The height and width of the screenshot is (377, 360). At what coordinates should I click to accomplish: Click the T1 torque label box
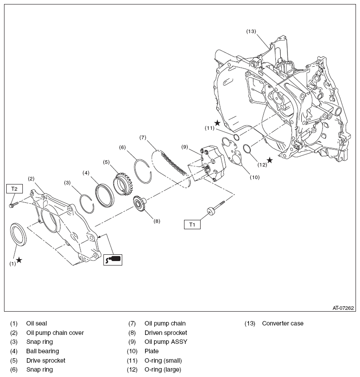192,224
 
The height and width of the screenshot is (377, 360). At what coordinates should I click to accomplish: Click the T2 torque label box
14,188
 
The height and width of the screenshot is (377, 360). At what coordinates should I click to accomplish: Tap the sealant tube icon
113,259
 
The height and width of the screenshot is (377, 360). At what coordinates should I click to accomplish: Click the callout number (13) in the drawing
251,31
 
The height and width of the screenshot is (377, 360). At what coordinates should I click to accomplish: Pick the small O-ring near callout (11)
236,136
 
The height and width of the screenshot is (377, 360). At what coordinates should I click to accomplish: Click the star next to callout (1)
19,260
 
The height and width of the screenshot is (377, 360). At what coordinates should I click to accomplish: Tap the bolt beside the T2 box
13,204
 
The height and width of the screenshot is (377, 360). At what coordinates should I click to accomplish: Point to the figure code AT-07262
343,308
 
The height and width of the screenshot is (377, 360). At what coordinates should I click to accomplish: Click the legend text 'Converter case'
283,323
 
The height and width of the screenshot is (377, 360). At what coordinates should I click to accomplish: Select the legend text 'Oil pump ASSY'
166,342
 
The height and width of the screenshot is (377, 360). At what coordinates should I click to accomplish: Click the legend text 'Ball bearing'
43,351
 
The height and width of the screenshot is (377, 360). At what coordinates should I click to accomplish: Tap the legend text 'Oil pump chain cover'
55,333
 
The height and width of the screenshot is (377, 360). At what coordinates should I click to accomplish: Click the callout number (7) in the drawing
143,137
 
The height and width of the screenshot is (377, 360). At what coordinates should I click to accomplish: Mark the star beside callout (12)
270,160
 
